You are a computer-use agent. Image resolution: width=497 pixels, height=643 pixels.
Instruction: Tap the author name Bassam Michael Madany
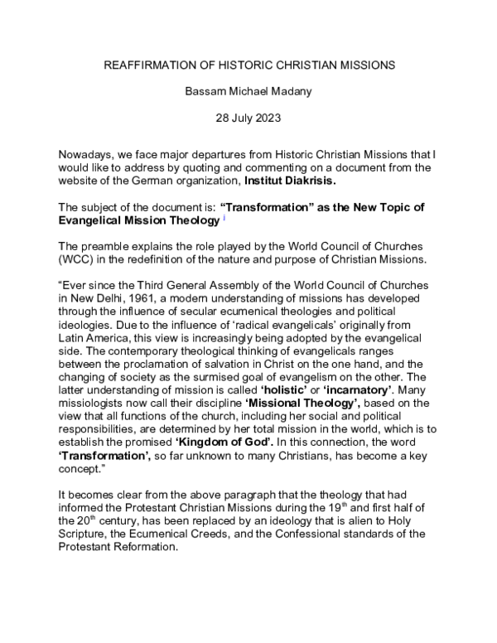pyautogui.click(x=248, y=91)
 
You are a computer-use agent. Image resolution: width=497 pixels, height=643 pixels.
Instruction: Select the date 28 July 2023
pyautogui.click(x=248, y=118)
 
